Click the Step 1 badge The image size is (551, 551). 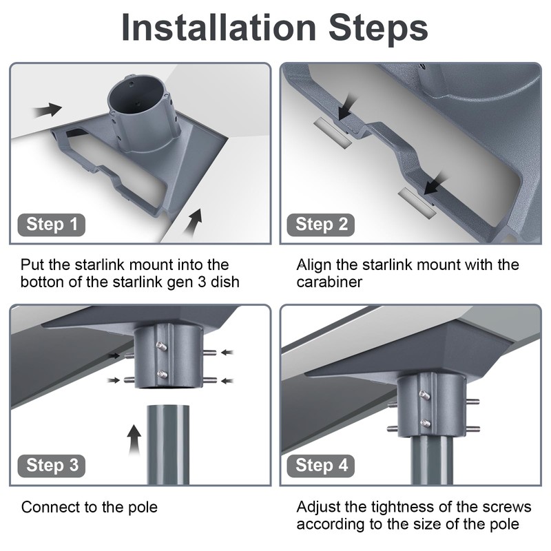[x=51, y=225]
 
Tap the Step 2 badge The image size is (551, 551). [x=321, y=225]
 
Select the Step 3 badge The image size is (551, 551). [x=51, y=466]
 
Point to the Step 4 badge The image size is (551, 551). [x=321, y=466]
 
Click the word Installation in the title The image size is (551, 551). [x=218, y=28]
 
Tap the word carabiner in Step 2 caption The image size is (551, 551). [x=329, y=282]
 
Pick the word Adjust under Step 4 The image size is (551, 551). [x=318, y=507]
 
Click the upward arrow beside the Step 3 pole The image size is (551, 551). [x=134, y=440]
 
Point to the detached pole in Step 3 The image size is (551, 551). [x=168, y=445]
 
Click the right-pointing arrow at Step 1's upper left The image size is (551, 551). [x=48, y=110]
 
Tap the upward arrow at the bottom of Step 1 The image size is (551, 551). [x=194, y=223]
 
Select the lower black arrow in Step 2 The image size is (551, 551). [x=435, y=184]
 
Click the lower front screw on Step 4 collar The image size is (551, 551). [x=425, y=423]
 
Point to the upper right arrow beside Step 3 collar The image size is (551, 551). [x=227, y=352]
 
